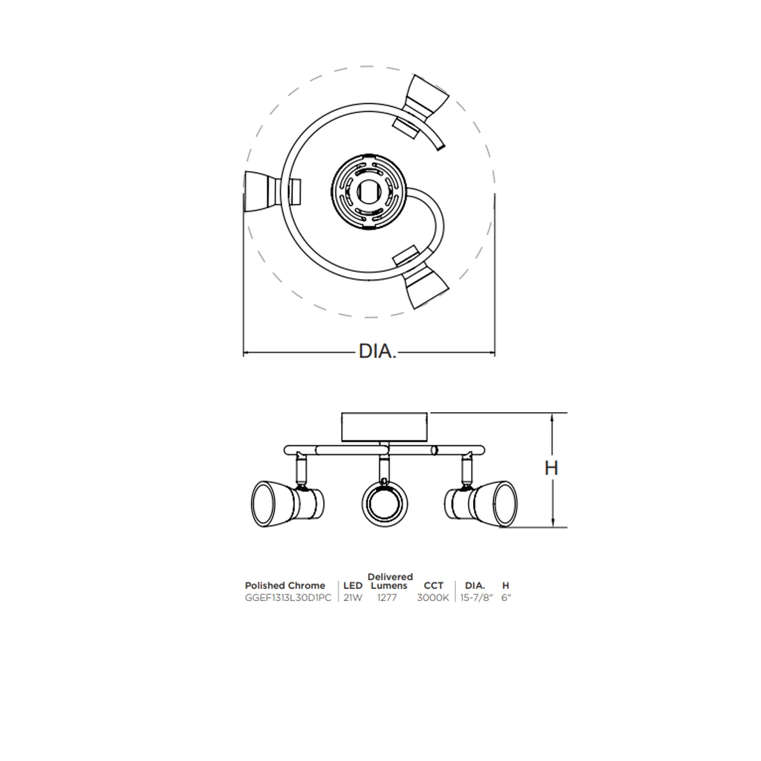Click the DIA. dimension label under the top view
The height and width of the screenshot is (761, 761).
(x=377, y=351)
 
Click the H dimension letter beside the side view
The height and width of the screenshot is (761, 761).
(x=551, y=469)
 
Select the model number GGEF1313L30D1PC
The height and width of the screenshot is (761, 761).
(x=288, y=598)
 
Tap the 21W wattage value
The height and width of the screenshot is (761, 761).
(x=353, y=598)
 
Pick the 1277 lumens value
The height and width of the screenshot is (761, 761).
(x=387, y=598)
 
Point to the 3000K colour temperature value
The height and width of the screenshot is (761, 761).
(x=433, y=598)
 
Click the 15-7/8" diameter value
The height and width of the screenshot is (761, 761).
(x=477, y=598)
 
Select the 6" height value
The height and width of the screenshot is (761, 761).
(x=506, y=598)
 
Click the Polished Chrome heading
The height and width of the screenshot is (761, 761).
(x=285, y=586)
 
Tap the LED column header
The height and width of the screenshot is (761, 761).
(x=353, y=586)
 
